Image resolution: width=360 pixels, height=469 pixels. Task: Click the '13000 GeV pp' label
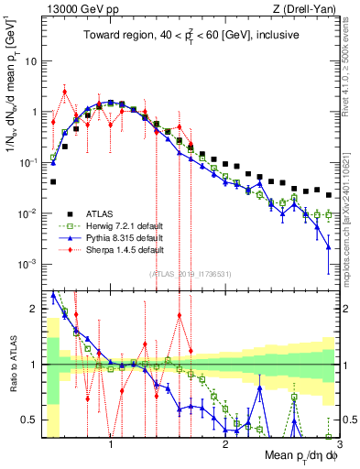74,8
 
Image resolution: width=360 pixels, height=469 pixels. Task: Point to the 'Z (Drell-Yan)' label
307,8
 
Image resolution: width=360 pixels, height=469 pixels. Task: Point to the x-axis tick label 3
338,445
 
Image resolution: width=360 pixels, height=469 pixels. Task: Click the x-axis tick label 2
225,445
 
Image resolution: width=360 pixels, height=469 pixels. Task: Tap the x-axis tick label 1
111,445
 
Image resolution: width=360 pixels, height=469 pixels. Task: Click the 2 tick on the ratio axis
34,309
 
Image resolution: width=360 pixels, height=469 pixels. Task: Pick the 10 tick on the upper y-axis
30,61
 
